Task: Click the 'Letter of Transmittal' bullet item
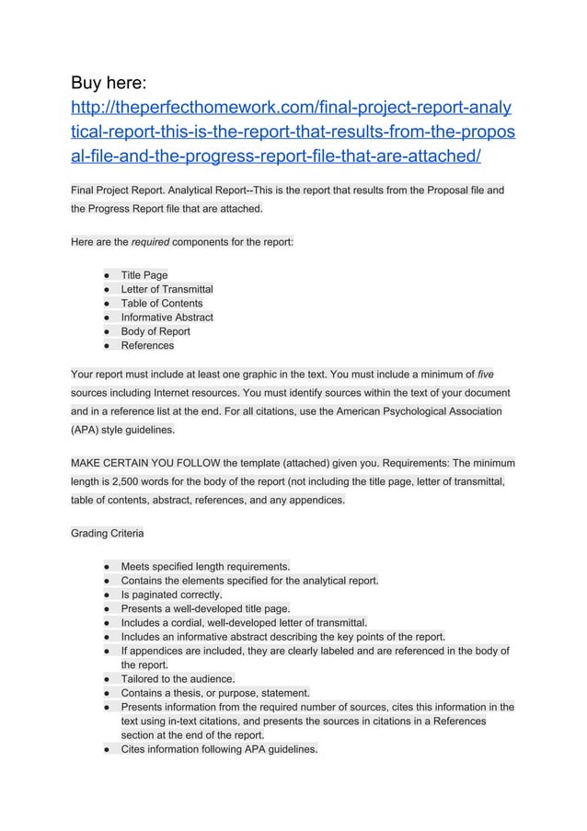click(167, 289)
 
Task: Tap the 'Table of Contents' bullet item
click(162, 303)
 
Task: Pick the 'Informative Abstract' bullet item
click(167, 317)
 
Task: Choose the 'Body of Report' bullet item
click(155, 331)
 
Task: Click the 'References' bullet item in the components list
click(147, 345)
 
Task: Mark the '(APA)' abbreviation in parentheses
click(86, 429)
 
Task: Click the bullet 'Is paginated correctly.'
click(171, 594)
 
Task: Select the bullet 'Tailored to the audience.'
click(178, 678)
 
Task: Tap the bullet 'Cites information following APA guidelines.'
click(219, 749)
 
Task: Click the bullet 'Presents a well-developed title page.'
click(205, 608)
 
